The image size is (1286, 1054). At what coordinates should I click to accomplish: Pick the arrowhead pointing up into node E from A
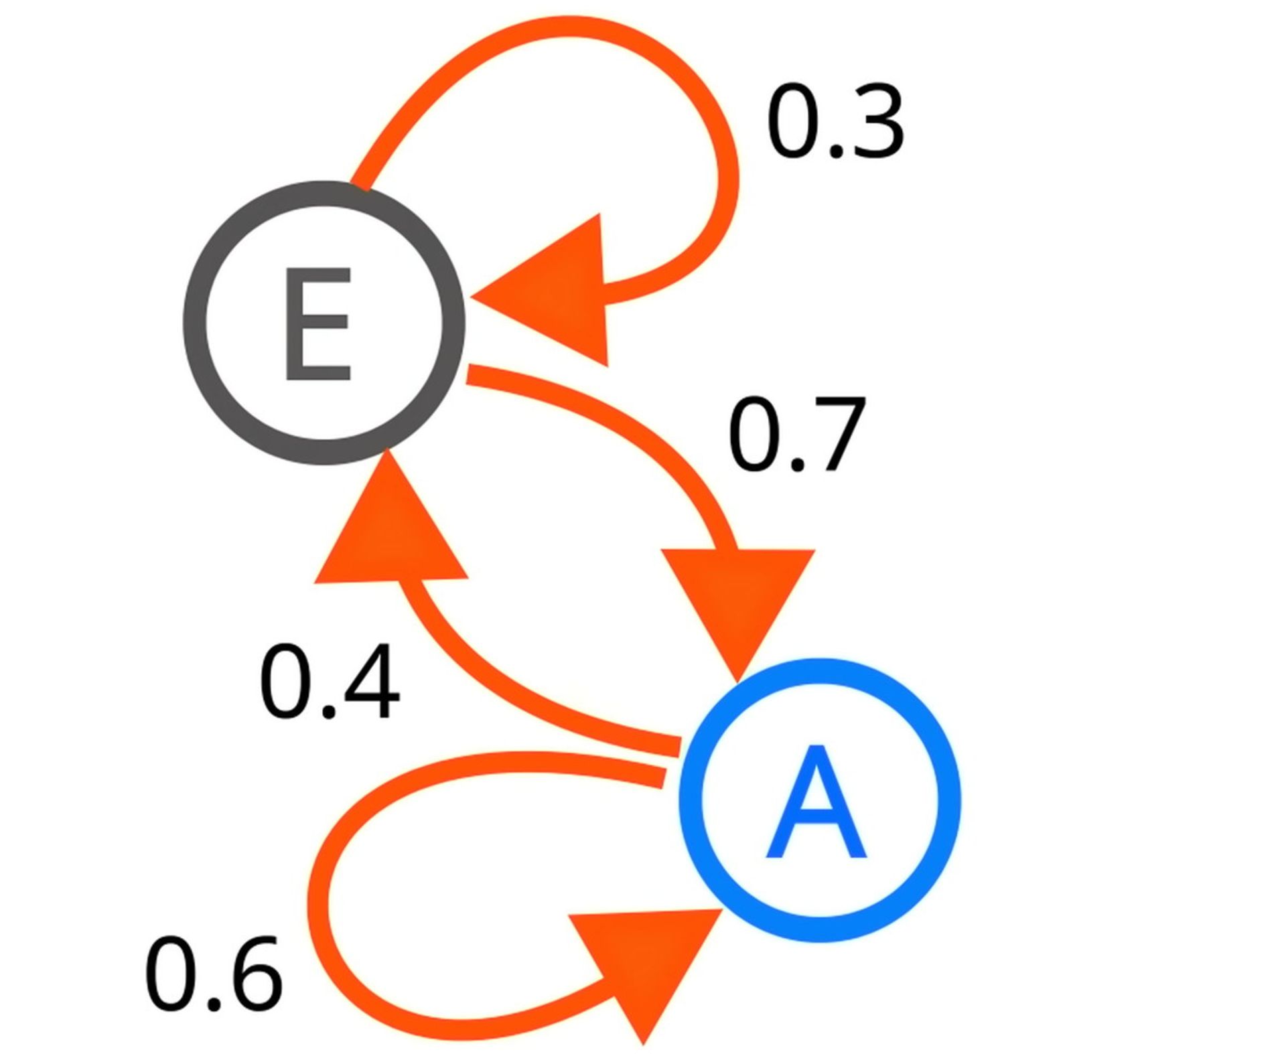[390, 529]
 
